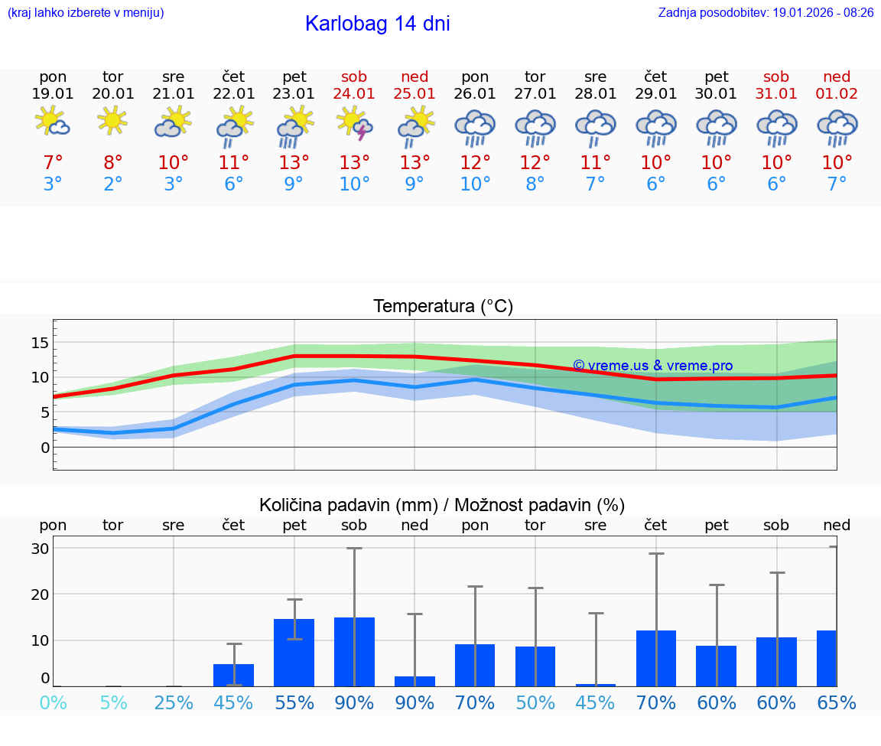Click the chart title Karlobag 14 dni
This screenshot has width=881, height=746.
click(377, 24)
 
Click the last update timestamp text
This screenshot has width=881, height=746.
click(766, 13)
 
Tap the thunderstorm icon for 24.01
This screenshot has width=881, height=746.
click(355, 123)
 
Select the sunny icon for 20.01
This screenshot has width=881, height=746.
click(113, 120)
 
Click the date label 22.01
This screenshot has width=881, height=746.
click(234, 94)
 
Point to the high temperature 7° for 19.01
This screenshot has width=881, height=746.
click(53, 163)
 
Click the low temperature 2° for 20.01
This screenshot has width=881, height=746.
click(113, 184)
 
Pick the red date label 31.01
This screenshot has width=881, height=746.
click(776, 94)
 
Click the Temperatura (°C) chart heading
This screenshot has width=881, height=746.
click(443, 307)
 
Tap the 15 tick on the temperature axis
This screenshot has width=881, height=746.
click(40, 343)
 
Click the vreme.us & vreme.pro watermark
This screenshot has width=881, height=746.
click(652, 366)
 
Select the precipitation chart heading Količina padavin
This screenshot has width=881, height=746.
click(442, 505)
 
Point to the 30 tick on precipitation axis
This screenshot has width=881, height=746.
click(40, 549)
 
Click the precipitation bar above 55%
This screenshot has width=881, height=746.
click(294, 653)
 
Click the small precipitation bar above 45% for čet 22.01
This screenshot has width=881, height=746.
click(234, 675)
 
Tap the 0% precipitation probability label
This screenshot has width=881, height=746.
click(53, 702)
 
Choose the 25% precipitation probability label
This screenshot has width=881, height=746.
click(174, 702)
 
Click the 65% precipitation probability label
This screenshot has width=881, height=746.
click(836, 702)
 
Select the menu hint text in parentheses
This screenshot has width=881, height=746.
click(86, 13)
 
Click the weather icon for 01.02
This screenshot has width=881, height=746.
click(837, 128)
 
